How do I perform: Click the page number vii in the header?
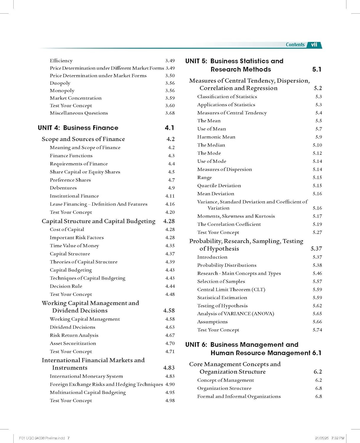click(314, 45)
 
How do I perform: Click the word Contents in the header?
click(295, 45)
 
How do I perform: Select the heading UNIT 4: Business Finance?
click(78, 128)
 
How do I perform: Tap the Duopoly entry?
click(60, 83)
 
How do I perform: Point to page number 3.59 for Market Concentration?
click(170, 98)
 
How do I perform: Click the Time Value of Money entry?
click(74, 245)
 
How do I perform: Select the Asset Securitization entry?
click(73, 343)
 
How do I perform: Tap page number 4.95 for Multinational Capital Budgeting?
click(170, 392)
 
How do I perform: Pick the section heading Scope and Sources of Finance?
click(83, 139)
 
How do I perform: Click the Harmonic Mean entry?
click(216, 137)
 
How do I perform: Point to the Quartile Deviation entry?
click(219, 185)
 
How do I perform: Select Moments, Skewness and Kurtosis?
click(236, 216)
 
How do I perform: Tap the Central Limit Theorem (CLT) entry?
click(231, 289)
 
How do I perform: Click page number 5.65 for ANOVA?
click(317, 314)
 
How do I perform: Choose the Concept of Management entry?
click(226, 380)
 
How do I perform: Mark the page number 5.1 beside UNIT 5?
click(317, 69)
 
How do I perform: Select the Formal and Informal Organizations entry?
click(239, 396)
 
